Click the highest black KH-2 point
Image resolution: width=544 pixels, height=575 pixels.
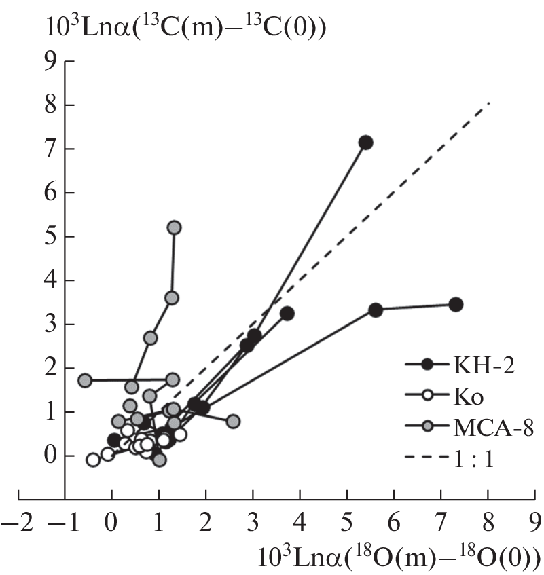pyautogui.click(x=365, y=143)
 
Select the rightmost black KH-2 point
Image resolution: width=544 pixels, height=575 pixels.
pyautogui.click(x=456, y=305)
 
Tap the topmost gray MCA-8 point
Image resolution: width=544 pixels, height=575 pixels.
pyautogui.click(x=174, y=227)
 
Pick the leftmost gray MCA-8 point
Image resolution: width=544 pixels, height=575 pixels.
pyautogui.click(x=85, y=380)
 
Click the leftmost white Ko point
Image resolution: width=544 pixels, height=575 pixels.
pyautogui.click(x=93, y=460)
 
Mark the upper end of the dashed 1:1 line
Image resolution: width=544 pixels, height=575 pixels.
pyautogui.click(x=489, y=103)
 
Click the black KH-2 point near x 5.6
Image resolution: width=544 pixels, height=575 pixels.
pyautogui.click(x=376, y=310)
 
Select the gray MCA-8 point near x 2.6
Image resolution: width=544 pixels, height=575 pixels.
pyautogui.click(x=233, y=422)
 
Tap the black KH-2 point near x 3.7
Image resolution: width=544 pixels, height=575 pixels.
pyautogui.click(x=287, y=314)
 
